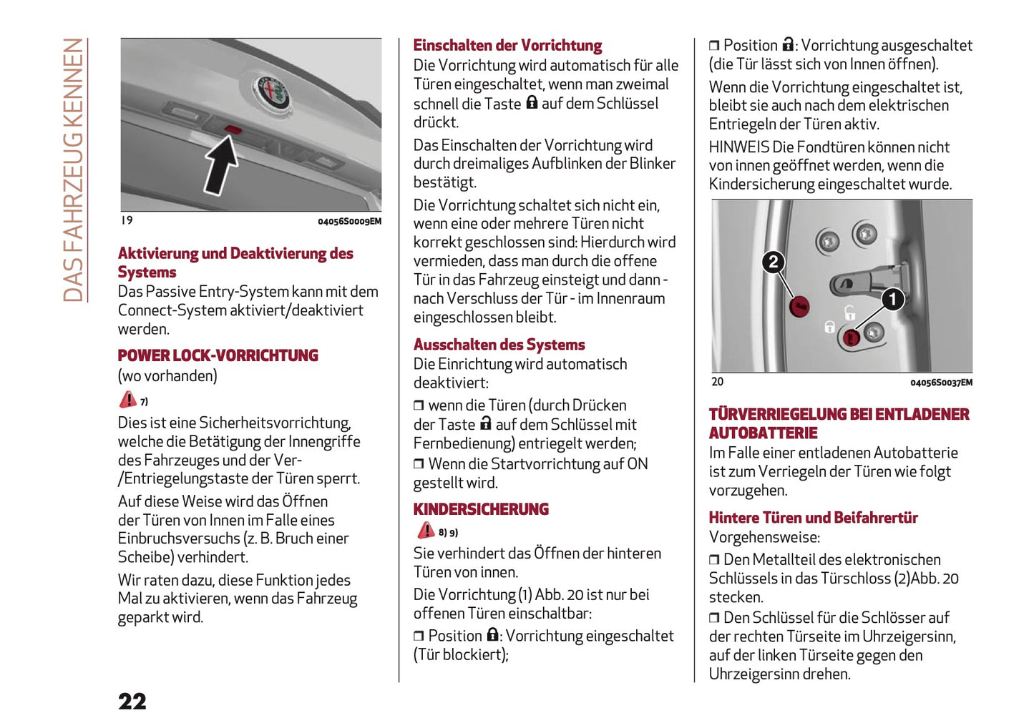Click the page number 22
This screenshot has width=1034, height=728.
click(x=132, y=701)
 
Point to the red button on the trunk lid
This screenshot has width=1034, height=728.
click(x=233, y=129)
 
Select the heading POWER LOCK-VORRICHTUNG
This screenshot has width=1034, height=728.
click(x=218, y=355)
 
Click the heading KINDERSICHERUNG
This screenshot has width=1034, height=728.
click(x=481, y=509)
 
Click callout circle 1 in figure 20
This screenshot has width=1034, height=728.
click(x=892, y=299)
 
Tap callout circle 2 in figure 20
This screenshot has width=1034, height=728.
click(x=773, y=262)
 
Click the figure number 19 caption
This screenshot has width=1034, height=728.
click(x=127, y=220)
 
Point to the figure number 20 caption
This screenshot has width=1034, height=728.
click(x=717, y=382)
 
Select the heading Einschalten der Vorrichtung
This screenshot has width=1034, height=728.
click(x=507, y=45)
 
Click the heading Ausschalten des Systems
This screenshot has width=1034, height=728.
click(x=499, y=345)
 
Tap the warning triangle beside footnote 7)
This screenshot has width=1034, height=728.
click(x=127, y=400)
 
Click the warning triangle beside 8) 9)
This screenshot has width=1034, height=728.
click(x=426, y=531)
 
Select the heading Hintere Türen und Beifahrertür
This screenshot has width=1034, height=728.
click(x=813, y=518)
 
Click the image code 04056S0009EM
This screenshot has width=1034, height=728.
click(x=349, y=222)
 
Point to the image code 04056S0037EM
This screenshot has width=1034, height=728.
click(x=941, y=383)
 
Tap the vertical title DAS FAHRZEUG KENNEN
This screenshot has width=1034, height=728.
click(x=73, y=169)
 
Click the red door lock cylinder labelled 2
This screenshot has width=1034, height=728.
click(x=799, y=307)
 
